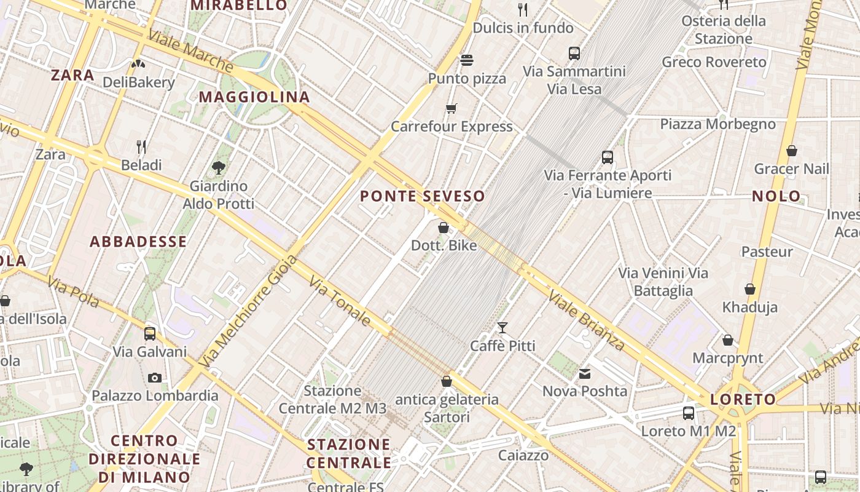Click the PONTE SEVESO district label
(x=423, y=197)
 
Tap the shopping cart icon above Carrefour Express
(x=451, y=109)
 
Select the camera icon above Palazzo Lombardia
(x=155, y=378)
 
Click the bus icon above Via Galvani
(x=150, y=334)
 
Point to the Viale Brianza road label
(x=586, y=320)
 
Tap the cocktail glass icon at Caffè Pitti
(x=502, y=328)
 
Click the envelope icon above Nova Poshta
(x=584, y=373)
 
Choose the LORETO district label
(x=743, y=400)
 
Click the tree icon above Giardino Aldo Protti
(x=218, y=167)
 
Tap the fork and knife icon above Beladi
(x=141, y=146)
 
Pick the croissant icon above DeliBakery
(x=138, y=63)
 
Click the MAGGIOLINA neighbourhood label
(x=254, y=97)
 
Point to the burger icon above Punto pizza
(x=467, y=60)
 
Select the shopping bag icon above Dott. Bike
(x=444, y=228)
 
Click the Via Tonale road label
(x=340, y=301)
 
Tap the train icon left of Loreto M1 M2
(x=689, y=413)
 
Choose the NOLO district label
(x=776, y=197)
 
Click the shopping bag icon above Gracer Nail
(x=792, y=150)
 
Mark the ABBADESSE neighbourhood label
(x=138, y=242)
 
